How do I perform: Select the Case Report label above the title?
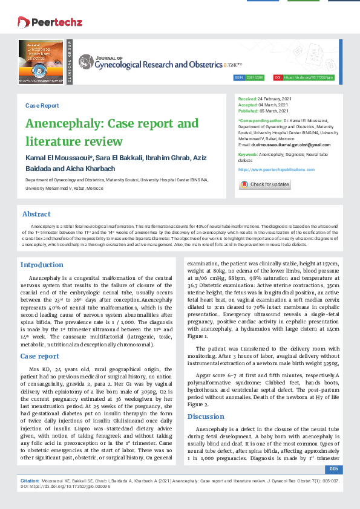click(x=42, y=105)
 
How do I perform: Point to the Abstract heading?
click(x=36, y=214)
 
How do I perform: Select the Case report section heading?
click(x=40, y=356)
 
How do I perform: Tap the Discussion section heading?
click(x=206, y=417)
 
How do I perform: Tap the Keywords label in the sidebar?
click(x=252, y=155)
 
